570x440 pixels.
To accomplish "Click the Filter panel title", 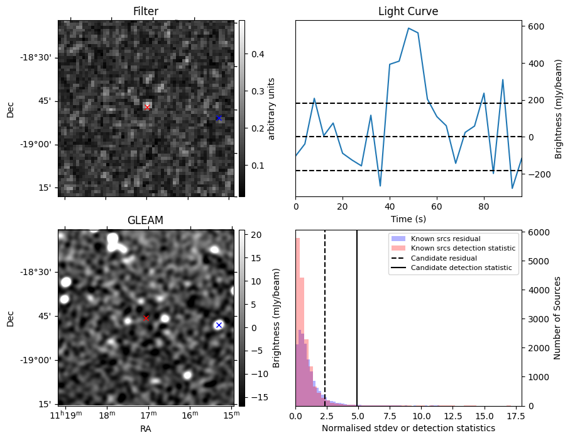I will [146, 11].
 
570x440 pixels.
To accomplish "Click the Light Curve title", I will [408, 11].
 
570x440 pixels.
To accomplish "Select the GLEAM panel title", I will [145, 220].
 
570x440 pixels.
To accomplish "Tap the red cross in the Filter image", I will [147, 108].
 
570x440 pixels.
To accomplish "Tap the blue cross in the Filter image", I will [219, 118].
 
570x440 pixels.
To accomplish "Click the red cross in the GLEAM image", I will [146, 318].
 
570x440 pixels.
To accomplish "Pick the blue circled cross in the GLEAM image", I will [219, 325].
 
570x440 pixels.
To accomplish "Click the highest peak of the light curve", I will [408, 28].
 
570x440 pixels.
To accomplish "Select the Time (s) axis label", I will [408, 218].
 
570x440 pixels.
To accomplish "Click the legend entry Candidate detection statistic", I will [461, 268].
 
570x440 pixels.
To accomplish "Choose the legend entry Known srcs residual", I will [445, 239].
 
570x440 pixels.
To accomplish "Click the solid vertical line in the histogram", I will [357, 315].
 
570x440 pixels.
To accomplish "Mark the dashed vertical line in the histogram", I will [325, 315].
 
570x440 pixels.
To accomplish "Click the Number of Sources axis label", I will [557, 318].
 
